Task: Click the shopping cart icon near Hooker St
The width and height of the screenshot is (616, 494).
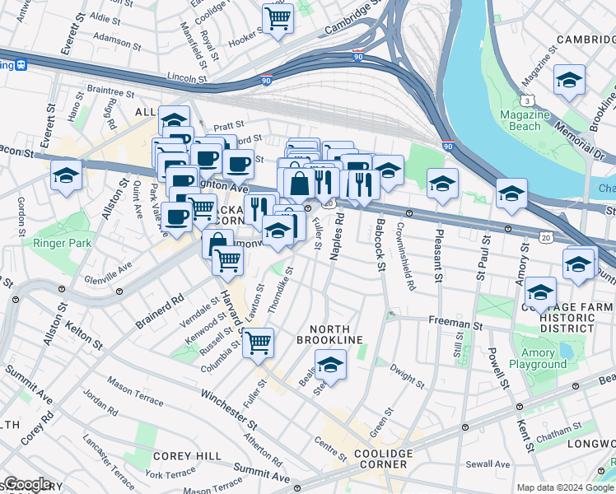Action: [x=278, y=17]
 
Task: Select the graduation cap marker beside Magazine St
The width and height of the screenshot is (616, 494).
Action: [x=569, y=80]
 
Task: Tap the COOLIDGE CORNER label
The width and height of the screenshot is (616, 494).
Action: [x=380, y=459]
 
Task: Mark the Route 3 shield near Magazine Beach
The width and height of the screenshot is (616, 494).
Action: [x=534, y=99]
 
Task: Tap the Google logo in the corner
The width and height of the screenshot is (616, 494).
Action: [x=27, y=484]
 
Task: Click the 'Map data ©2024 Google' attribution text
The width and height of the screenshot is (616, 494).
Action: [x=564, y=487]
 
